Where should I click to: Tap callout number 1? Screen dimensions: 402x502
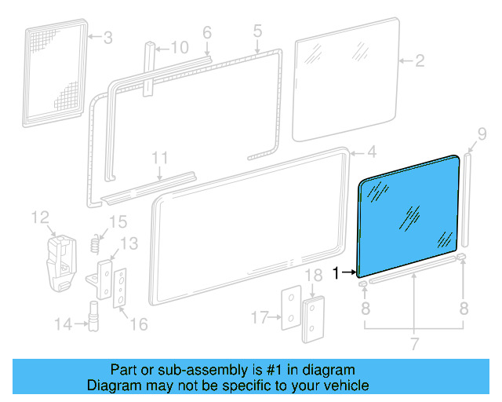coord(336,273)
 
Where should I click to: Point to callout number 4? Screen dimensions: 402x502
coord(371,152)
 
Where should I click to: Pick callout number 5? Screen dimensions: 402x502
coord(257,32)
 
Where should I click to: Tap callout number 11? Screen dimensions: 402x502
coord(160,158)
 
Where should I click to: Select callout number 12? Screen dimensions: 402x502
coord(40,216)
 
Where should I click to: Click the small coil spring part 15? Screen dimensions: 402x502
coord(96,243)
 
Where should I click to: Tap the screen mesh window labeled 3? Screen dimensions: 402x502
coord(53,71)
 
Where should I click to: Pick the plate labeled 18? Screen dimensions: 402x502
coord(315,318)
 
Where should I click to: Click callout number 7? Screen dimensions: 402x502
coord(413,343)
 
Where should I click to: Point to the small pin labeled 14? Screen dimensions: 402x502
coord(93,318)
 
